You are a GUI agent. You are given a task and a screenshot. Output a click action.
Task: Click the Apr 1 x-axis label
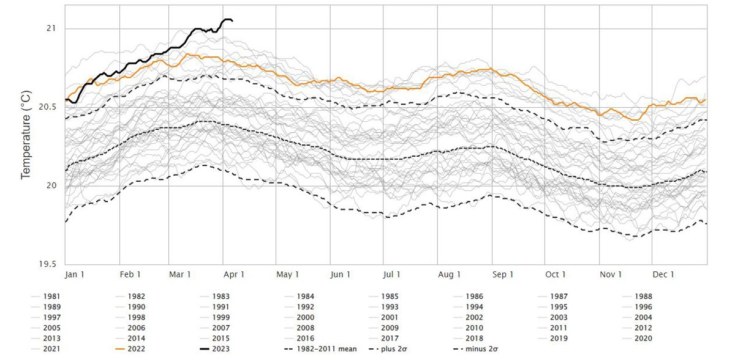(235, 274)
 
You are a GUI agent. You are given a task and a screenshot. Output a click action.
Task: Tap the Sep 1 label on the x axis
(502, 274)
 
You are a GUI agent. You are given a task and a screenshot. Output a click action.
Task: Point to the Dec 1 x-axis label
(663, 274)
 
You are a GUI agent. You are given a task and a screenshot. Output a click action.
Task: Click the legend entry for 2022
(137, 348)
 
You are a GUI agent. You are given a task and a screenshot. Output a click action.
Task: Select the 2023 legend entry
(221, 348)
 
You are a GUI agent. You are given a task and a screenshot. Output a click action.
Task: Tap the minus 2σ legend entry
(481, 348)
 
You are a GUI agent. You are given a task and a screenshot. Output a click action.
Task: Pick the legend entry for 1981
(52, 296)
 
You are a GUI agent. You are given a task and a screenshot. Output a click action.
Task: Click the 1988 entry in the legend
(643, 296)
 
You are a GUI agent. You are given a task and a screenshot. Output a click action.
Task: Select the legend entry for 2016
(306, 338)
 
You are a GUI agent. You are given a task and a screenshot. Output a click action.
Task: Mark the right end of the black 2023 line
(232, 21)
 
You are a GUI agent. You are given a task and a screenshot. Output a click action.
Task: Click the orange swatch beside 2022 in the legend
(119, 348)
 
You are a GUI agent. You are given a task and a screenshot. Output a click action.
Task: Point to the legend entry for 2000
(306, 317)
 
